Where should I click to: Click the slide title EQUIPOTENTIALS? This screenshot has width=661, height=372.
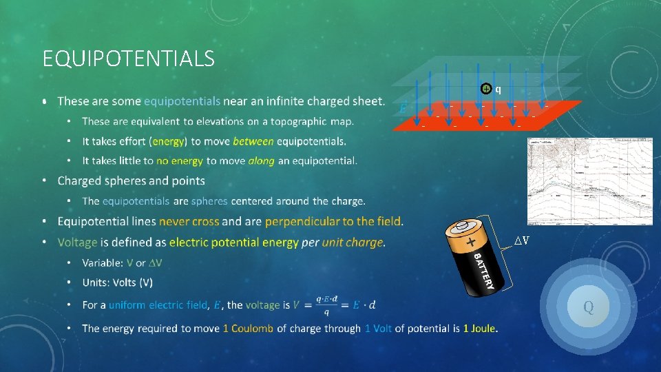click(128, 59)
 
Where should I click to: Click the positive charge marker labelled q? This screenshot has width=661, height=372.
click(486, 89)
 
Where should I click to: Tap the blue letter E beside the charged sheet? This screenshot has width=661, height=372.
click(403, 109)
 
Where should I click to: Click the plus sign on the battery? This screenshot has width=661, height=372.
click(470, 242)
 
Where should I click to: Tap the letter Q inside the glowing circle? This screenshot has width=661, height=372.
click(589, 307)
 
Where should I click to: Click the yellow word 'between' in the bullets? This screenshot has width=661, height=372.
click(253, 141)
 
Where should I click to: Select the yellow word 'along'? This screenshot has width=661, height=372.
click(260, 161)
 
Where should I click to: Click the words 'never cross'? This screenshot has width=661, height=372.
click(189, 221)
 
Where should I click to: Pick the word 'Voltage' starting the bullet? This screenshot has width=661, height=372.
click(78, 242)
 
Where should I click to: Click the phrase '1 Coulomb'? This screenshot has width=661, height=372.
click(248, 329)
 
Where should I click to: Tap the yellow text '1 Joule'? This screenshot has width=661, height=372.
click(479, 329)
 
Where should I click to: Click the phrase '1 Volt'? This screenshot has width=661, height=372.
click(378, 329)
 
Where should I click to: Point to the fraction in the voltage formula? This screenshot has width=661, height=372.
click(326, 304)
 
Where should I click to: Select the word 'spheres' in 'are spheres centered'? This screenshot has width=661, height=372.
click(209, 201)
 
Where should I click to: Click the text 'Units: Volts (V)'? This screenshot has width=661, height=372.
click(117, 282)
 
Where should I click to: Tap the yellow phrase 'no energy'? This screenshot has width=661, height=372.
click(180, 161)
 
